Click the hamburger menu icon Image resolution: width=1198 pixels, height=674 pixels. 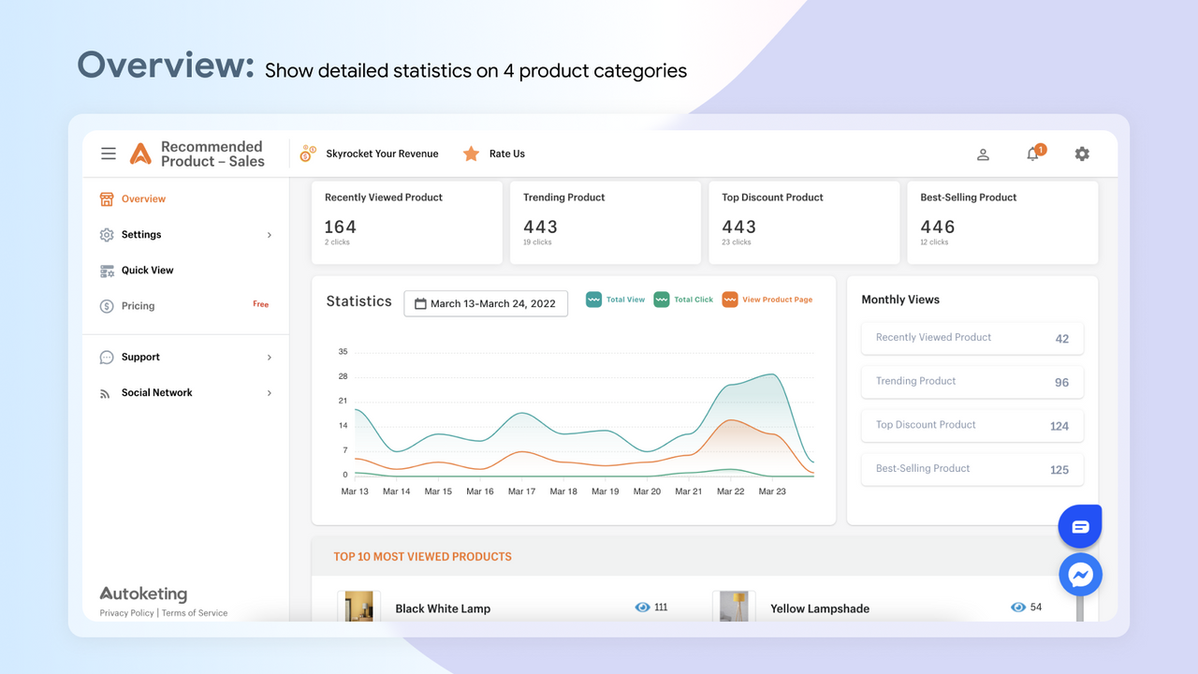pyautogui.click(x=109, y=154)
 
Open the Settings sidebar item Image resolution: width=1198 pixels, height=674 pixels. pyautogui.click(x=140, y=235)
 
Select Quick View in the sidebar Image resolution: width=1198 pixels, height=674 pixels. pyautogui.click(x=147, y=271)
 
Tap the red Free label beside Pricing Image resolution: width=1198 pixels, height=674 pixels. pyautogui.click(x=260, y=304)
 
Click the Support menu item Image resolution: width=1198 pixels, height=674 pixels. pyautogui.click(x=140, y=358)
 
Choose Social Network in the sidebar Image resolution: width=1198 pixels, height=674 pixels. pyautogui.click(x=156, y=393)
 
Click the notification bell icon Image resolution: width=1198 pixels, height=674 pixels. pyautogui.click(x=1032, y=154)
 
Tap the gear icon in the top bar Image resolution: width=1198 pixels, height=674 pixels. pyautogui.click(x=1082, y=154)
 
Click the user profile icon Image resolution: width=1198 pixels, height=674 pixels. pyautogui.click(x=983, y=154)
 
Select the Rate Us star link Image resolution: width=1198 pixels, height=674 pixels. pyautogui.click(x=494, y=154)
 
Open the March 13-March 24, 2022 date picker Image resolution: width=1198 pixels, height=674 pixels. pyautogui.click(x=486, y=303)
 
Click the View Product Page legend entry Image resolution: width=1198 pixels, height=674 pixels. pyautogui.click(x=767, y=300)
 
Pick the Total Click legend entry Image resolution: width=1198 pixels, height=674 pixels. pyautogui.click(x=683, y=300)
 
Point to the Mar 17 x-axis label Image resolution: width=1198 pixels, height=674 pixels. pyautogui.click(x=521, y=491)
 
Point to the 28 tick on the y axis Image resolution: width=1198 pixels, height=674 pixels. pyautogui.click(x=343, y=376)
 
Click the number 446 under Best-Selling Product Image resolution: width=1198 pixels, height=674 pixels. pyautogui.click(x=937, y=227)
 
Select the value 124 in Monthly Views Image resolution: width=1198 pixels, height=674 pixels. pyautogui.click(x=1059, y=426)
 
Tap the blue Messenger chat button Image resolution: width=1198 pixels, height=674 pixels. pyautogui.click(x=1080, y=575)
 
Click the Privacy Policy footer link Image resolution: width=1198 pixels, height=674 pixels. pyautogui.click(x=127, y=613)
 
